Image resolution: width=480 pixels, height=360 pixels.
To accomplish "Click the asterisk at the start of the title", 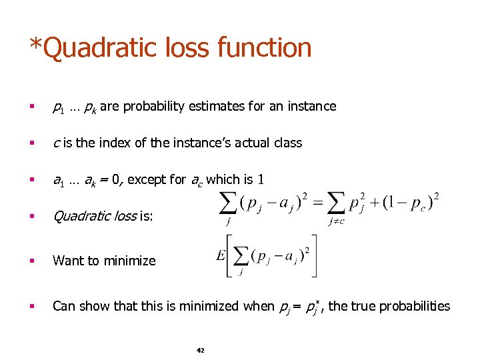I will [x=34, y=44].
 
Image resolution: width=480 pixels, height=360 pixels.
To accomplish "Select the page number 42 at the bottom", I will [x=201, y=350].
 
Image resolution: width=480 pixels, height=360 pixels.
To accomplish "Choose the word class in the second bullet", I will [x=287, y=143].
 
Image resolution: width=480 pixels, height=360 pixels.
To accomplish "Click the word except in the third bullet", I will [x=146, y=179].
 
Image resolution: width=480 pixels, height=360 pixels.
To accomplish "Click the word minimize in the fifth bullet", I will [x=133, y=261].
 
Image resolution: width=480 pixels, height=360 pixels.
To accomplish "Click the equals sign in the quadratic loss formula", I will [x=317, y=203].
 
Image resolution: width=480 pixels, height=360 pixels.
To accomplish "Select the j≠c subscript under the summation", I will [x=336, y=221].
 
